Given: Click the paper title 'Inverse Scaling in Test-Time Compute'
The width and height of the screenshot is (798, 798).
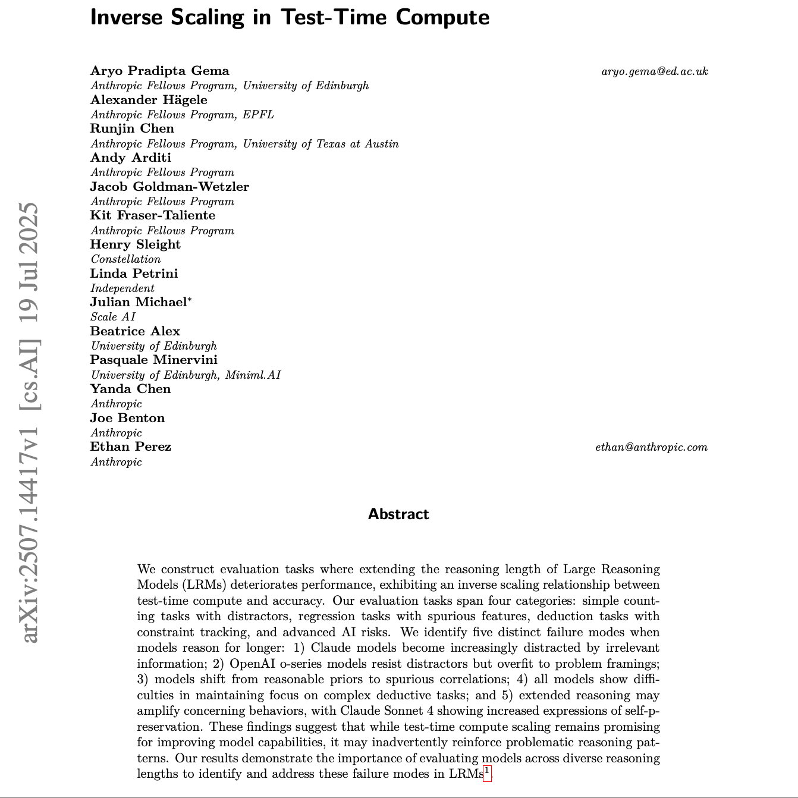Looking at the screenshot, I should point(290,17).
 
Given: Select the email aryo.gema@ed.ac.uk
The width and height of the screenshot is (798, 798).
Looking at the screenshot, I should point(654,71).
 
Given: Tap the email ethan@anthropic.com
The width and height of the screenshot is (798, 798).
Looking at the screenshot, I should point(651,447).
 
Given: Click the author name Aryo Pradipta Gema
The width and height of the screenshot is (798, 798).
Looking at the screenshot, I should point(159,71).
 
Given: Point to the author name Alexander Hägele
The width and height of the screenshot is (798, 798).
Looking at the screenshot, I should point(149,100).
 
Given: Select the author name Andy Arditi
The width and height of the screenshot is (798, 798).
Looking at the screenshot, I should point(130,158).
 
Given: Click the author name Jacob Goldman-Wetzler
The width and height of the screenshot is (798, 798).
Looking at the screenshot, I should point(169,187).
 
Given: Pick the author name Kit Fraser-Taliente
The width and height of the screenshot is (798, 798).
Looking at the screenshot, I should point(152,215).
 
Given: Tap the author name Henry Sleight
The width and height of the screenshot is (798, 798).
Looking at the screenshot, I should point(135,244).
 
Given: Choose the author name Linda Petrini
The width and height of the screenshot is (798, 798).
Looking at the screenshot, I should point(134,274).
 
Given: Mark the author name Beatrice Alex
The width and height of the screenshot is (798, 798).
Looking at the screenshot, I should point(135,331).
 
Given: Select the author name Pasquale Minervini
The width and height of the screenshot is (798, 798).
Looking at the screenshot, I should point(153,360).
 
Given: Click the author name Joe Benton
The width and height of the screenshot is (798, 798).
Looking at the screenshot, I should point(127,418).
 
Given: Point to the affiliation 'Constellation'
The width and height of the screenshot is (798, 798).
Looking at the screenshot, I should point(125,259).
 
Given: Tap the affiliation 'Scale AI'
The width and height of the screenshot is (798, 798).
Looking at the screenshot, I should point(113,317).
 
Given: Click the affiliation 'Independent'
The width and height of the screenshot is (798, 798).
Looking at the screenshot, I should point(122,288).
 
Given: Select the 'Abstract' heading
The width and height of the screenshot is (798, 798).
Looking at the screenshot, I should point(398,514).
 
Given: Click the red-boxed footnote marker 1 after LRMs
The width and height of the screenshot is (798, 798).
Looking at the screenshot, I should point(487,772).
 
